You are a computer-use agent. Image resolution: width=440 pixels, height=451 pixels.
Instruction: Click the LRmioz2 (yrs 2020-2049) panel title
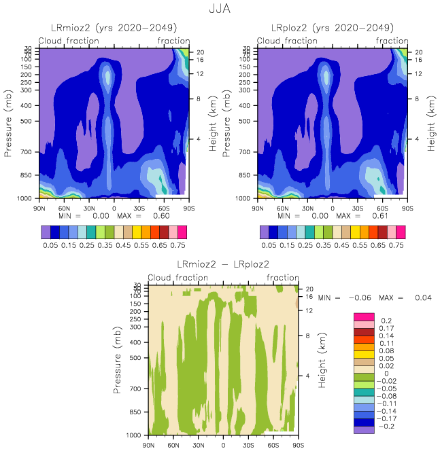point(114,28)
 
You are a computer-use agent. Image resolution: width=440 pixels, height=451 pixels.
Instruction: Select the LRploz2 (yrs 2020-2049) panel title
point(333,28)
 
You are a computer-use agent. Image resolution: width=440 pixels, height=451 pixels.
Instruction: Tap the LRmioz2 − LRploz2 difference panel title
point(223,264)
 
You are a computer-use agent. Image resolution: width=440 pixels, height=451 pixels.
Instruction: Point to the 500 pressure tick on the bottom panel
point(135,357)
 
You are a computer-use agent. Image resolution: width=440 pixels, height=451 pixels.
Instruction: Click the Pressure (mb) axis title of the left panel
point(9,124)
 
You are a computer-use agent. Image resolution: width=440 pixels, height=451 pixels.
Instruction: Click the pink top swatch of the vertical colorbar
point(364,316)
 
